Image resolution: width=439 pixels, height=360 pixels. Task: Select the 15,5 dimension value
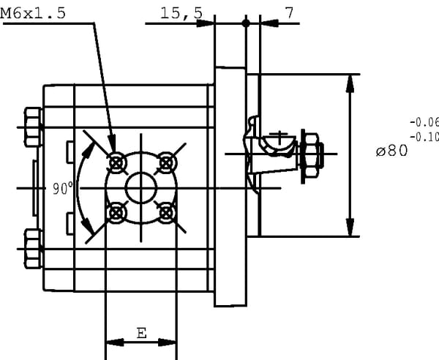pos(181,13)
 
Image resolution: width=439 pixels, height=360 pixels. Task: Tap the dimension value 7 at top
pos(289,12)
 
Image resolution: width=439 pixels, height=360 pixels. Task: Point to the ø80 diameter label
pos(391,151)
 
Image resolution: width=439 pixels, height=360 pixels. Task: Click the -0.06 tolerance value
pos(425,123)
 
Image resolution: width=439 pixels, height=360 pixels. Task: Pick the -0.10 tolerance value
pos(425,136)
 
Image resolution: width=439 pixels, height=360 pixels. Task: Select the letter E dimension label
pos(141,333)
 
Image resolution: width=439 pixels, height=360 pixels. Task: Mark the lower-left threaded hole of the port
pos(116,213)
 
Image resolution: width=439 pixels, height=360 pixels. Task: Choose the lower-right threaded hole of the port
pos(168,213)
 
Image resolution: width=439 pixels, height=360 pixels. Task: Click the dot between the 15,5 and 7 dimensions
pos(246,23)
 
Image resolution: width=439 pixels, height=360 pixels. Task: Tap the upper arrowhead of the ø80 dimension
pos(352,83)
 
